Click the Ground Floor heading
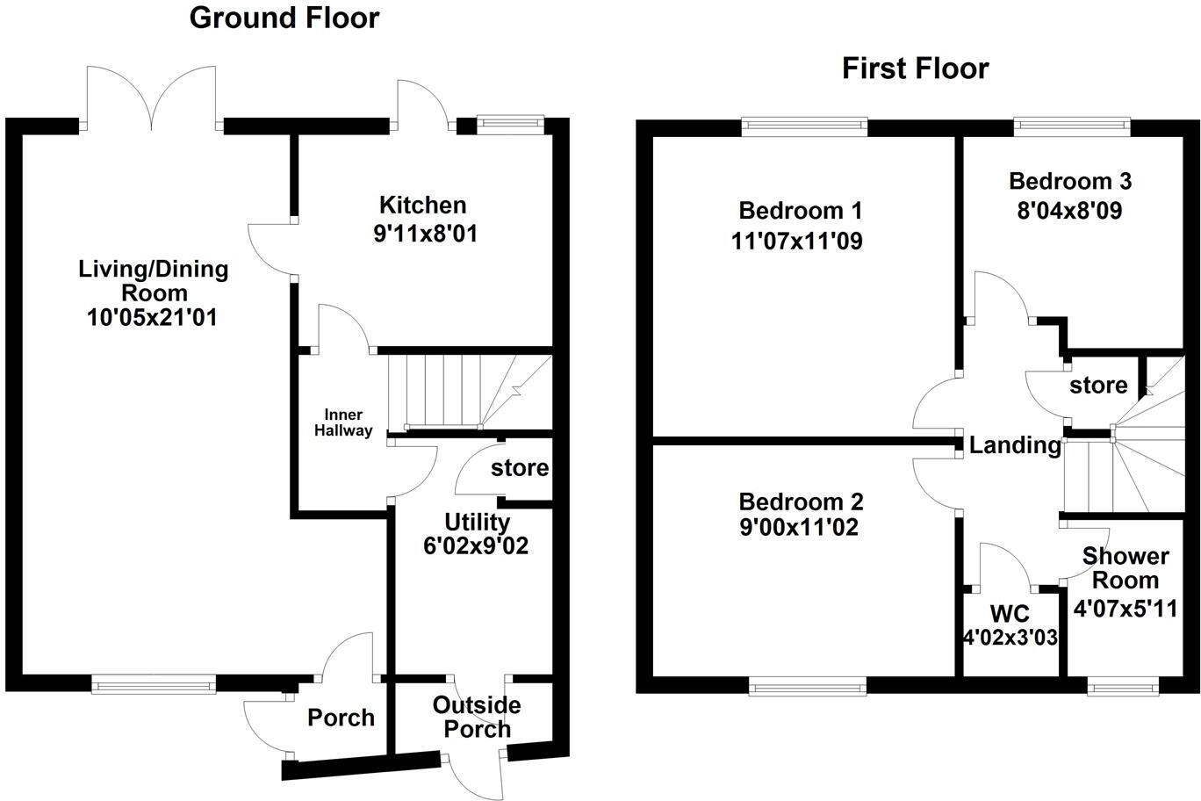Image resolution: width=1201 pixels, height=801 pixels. (x=284, y=18)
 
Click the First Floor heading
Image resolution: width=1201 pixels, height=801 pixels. (x=915, y=69)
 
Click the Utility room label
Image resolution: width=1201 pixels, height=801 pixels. (x=476, y=522)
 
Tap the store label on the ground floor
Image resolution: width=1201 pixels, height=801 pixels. (x=519, y=468)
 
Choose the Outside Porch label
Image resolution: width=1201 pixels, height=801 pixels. (x=476, y=718)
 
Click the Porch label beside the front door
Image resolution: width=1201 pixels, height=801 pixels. (x=341, y=718)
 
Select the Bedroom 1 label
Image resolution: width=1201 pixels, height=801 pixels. (x=800, y=211)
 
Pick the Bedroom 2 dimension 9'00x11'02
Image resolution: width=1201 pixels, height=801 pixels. (x=800, y=528)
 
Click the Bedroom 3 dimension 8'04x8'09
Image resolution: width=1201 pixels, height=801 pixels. (x=1069, y=211)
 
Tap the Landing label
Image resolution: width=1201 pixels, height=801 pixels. (x=1014, y=445)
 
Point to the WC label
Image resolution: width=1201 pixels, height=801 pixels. (x=1009, y=612)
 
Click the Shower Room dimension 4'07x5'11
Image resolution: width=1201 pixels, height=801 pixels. (x=1125, y=608)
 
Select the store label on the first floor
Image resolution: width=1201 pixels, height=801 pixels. (x=1098, y=386)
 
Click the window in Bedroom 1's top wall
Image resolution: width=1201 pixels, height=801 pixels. (x=804, y=127)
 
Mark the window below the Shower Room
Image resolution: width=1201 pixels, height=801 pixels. (x=1122, y=686)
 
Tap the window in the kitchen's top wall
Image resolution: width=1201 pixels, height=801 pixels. (x=511, y=126)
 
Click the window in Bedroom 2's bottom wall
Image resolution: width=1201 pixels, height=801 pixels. (x=808, y=686)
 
